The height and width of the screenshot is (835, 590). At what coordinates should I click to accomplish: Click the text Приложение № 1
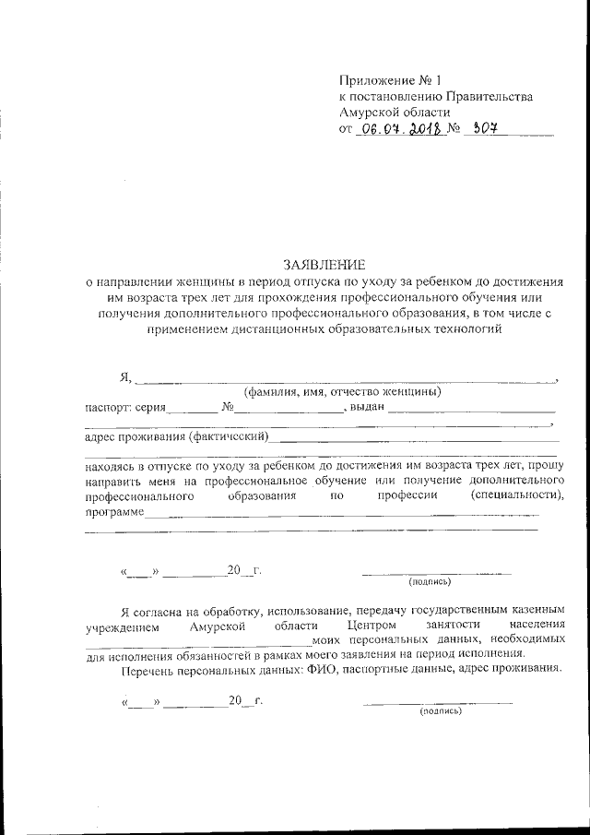pos(378,79)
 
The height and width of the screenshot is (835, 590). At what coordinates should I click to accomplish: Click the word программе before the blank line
pos(114,511)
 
